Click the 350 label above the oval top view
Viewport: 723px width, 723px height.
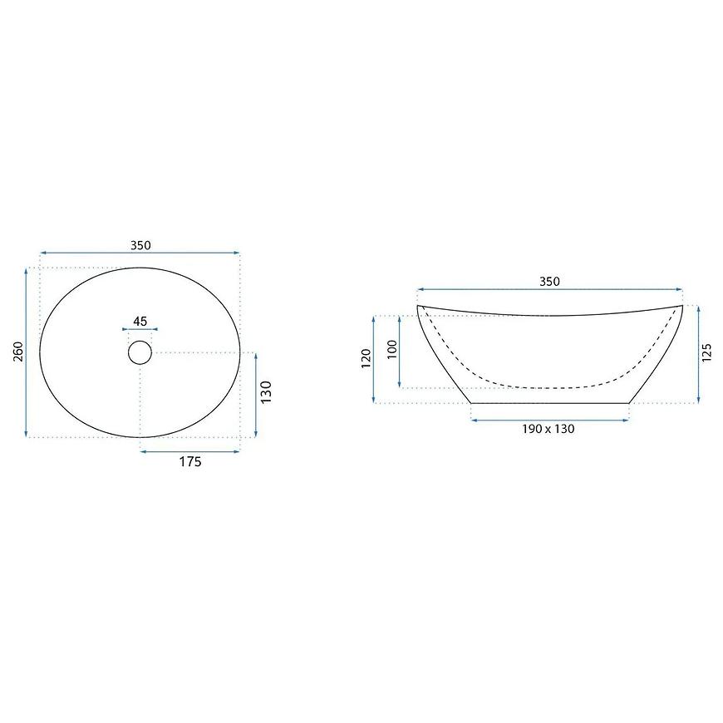click(140, 245)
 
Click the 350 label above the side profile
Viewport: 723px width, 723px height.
click(549, 281)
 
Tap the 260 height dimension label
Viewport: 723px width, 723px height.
click(18, 352)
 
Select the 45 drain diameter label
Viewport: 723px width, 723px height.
click(140, 321)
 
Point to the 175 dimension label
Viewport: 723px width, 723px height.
click(190, 461)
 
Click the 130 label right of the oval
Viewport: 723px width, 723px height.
click(267, 392)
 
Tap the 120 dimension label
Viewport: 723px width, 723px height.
click(366, 358)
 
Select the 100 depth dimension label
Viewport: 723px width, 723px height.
click(392, 350)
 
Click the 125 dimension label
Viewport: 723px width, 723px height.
click(707, 352)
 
